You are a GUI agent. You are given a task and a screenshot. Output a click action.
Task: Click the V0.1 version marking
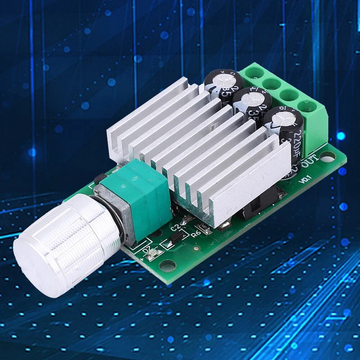305,179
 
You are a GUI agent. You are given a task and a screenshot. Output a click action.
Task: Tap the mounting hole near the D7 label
164,263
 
